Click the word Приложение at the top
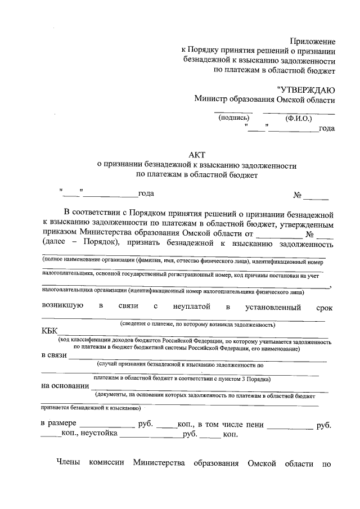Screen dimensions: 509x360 313,41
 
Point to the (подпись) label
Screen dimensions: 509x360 233,118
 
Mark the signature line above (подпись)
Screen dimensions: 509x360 233,112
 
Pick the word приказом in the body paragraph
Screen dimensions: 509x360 60,234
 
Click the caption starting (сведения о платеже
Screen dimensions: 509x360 197,325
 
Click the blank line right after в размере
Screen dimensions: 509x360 107,426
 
